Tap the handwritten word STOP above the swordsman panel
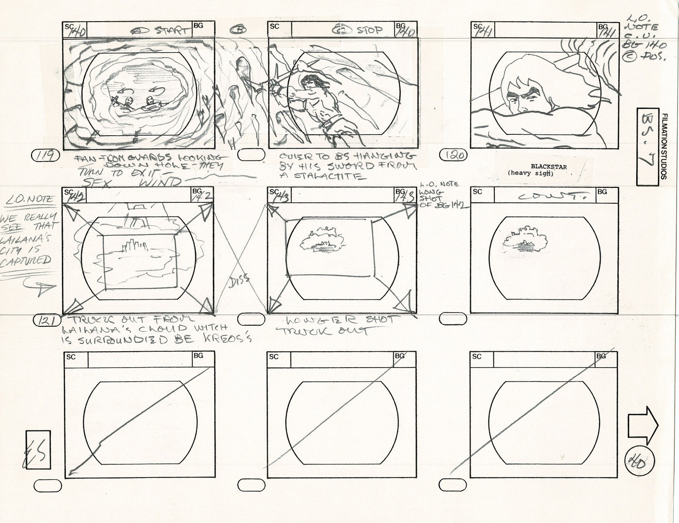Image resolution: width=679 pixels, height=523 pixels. [369, 30]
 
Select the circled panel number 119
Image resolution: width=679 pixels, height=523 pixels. [46, 155]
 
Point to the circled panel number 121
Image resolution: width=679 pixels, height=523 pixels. [46, 321]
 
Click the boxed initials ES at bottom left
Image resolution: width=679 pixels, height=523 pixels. [38, 450]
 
